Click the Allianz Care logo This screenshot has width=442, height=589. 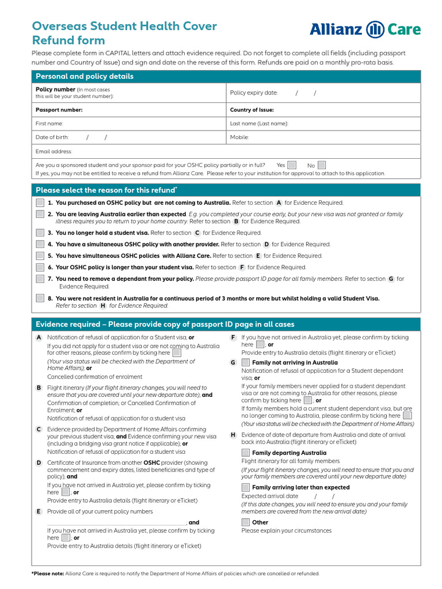click(365, 29)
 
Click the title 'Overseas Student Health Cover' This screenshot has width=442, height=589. click(124, 26)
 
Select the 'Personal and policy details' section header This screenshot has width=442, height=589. click(85, 77)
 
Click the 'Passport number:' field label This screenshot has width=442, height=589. click(59, 110)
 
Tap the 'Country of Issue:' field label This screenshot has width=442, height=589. click(252, 110)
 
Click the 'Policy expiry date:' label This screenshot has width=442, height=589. click(254, 93)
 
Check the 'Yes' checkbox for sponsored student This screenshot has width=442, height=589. click(292, 165)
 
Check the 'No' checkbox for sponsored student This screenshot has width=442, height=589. click(322, 165)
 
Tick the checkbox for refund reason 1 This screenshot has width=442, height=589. click(40, 202)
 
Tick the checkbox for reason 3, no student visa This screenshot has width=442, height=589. click(40, 233)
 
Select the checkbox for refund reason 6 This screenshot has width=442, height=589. click(40, 267)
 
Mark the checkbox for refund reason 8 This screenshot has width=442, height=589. click(40, 298)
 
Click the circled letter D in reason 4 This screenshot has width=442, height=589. click(266, 244)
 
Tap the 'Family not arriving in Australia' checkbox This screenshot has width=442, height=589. click(246, 362)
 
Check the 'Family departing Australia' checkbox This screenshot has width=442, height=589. click(246, 453)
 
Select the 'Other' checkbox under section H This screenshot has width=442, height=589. click(246, 522)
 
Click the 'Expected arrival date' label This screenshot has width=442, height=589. click(270, 496)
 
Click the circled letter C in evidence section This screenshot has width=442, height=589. click(39, 429)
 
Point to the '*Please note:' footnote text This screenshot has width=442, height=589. click(48, 573)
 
